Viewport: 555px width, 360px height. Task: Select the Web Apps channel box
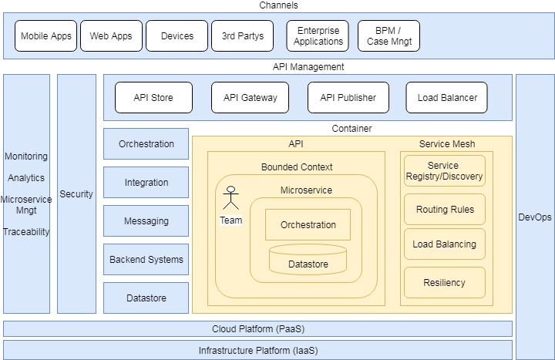point(111,36)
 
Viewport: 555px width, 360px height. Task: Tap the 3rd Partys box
point(242,36)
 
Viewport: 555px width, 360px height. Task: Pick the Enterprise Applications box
point(318,36)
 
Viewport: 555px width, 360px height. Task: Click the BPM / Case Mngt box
point(388,36)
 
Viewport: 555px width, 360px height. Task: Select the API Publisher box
point(348,98)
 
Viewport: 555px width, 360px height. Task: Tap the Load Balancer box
point(447,98)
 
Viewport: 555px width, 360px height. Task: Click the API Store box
point(153,98)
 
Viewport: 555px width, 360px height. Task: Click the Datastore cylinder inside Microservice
point(308,260)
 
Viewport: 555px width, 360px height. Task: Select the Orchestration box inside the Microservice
point(308,225)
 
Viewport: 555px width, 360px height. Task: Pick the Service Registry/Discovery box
point(445,171)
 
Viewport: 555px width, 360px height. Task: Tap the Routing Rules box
point(445,210)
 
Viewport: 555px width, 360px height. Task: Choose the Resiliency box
point(445,283)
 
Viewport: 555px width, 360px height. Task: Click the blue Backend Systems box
point(146,260)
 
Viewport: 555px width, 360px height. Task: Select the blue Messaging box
point(146,221)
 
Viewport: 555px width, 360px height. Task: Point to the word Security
point(76,194)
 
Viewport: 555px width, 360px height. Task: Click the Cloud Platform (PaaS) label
point(258,329)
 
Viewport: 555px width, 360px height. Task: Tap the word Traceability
point(26,231)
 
